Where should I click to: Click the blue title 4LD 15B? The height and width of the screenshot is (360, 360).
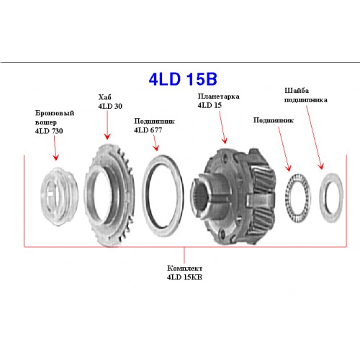tap(183, 79)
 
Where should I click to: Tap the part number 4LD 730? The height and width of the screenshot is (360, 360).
tap(49, 131)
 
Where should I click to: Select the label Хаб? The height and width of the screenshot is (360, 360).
tap(104, 97)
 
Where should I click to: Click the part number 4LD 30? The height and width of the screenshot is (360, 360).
tap(110, 106)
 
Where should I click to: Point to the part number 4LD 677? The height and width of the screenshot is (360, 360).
tap(148, 130)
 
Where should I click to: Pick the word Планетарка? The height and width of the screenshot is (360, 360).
tap(218, 96)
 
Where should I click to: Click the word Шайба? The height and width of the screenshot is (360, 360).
tap(297, 91)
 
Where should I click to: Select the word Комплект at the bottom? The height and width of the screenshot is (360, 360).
tap(184, 268)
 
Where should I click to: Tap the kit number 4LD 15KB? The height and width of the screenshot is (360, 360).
tap(184, 277)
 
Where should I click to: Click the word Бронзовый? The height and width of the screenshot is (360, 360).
tap(55, 113)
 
